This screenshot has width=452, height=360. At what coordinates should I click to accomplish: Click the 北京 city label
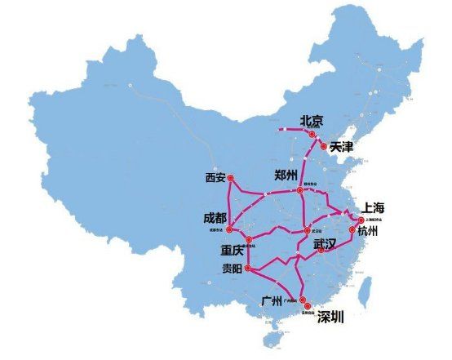point(312,121)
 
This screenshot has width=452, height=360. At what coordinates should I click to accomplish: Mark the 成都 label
point(215,218)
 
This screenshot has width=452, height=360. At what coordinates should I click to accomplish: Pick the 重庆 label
point(233,250)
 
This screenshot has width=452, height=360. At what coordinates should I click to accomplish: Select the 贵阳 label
point(233,269)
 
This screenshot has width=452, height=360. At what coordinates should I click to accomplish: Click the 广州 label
point(272,300)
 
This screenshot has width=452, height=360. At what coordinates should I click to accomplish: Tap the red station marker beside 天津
point(325,147)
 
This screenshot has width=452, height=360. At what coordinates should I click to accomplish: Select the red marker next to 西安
point(231,177)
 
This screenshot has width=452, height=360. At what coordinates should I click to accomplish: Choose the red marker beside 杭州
point(352,231)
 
